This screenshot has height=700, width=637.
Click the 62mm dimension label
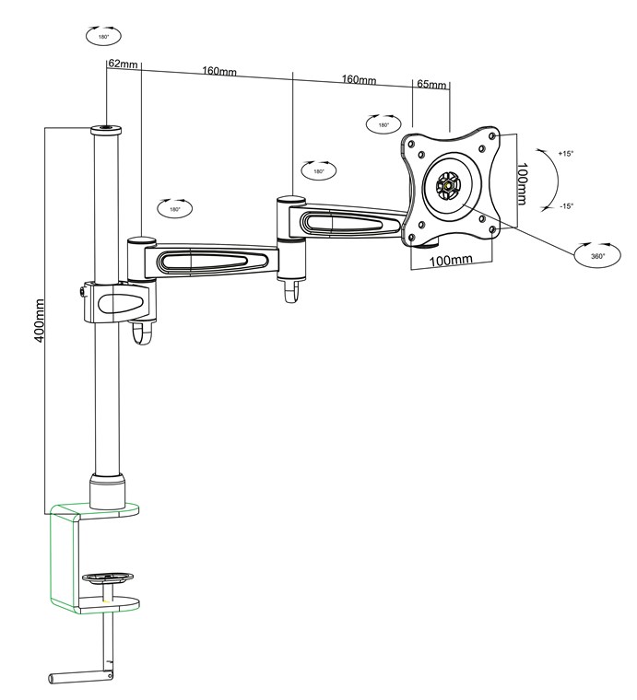tap(123, 64)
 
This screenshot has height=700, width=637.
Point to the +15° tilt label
tap(565, 154)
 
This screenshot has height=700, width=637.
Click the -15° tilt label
tap(565, 206)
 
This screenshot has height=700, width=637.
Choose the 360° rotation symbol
tap(593, 255)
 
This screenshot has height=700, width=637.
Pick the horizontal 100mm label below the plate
tap(451, 261)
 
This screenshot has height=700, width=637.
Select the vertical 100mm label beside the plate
tap(522, 184)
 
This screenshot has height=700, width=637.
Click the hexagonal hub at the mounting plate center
tap(449, 183)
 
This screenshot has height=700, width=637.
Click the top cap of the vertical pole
tap(107, 131)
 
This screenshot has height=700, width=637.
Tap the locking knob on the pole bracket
tap(82, 292)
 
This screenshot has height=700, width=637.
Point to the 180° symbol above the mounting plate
tap(382, 124)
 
